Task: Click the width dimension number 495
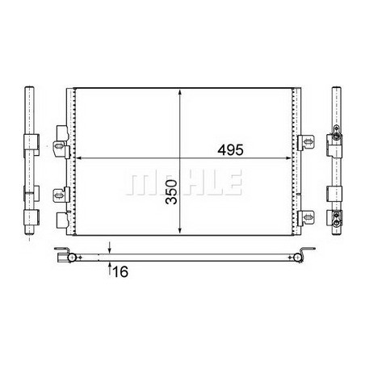tap(229, 150)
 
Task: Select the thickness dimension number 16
tap(120, 272)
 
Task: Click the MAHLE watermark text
tap(183, 183)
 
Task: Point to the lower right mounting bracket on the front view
tap(305, 216)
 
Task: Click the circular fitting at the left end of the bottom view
tap(71, 258)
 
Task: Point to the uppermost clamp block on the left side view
tap(30, 142)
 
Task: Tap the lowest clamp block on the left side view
tap(30, 216)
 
